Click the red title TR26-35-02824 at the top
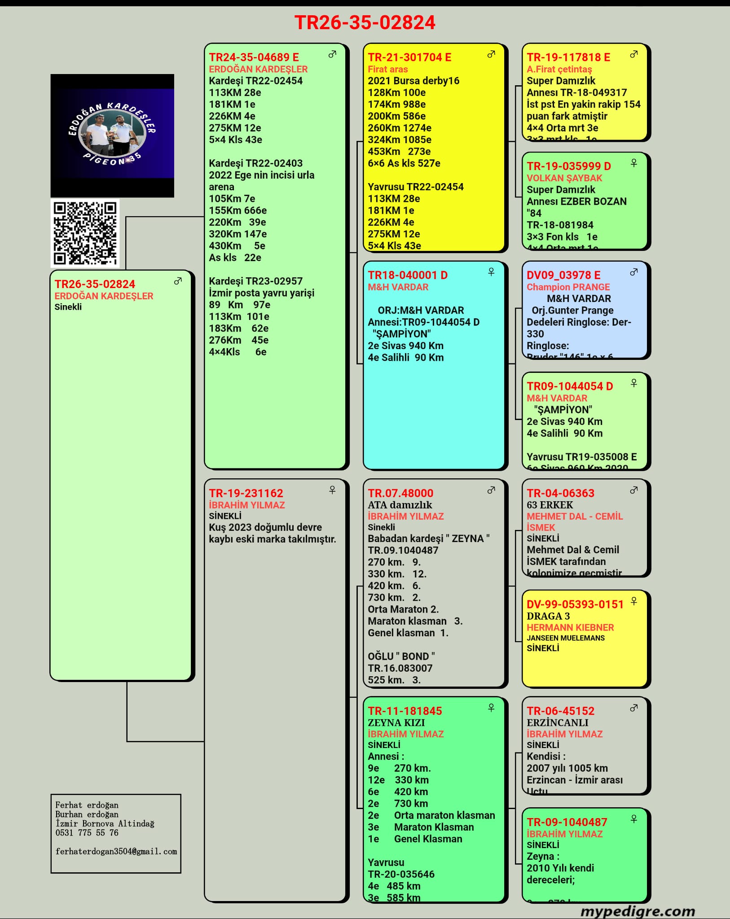click(365, 22)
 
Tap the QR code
click(85, 233)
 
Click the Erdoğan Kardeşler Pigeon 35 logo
click(112, 135)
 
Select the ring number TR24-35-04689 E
click(254, 57)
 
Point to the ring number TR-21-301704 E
click(409, 57)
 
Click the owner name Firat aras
click(388, 69)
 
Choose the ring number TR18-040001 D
click(408, 275)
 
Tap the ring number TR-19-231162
click(246, 493)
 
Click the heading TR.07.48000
click(400, 493)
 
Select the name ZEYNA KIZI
click(396, 722)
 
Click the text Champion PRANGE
click(568, 287)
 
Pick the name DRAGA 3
click(548, 616)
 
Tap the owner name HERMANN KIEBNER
click(570, 627)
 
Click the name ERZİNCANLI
click(557, 722)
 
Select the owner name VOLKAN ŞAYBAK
click(564, 178)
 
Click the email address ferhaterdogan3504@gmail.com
click(116, 851)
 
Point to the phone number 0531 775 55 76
click(87, 833)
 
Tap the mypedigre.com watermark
click(638, 911)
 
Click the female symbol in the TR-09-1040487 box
click(634, 819)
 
